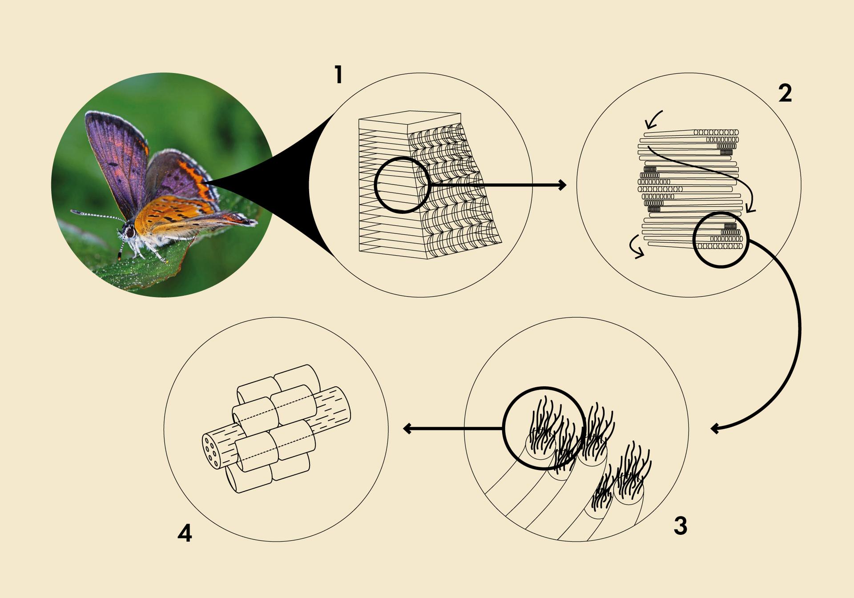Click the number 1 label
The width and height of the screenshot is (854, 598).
[x=339, y=75]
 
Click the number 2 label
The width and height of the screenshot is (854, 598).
[x=785, y=93]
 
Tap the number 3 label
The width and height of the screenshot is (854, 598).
[x=681, y=526]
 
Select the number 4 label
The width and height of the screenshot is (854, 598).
[x=185, y=533]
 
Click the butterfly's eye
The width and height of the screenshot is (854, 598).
[x=130, y=232]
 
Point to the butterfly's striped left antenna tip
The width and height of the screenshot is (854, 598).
[x=73, y=212]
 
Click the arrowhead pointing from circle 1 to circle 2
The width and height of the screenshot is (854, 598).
[x=562, y=185]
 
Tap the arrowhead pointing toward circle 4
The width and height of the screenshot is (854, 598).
[x=407, y=429]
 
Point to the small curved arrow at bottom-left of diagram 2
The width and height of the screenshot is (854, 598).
[x=634, y=247]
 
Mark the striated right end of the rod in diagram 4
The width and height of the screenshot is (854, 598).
[x=331, y=408]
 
